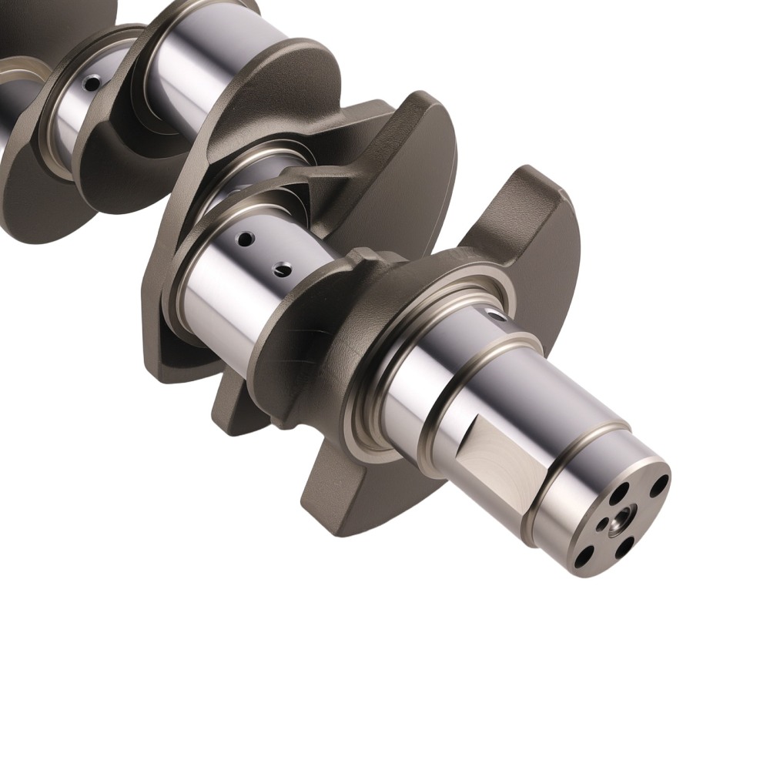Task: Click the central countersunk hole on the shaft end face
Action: (619, 524)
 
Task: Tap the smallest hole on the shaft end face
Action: (602, 527)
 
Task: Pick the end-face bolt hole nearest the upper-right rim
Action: (659, 486)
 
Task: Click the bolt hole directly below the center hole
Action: (624, 549)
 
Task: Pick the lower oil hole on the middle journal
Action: (283, 269)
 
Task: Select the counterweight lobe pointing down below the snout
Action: (346, 493)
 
